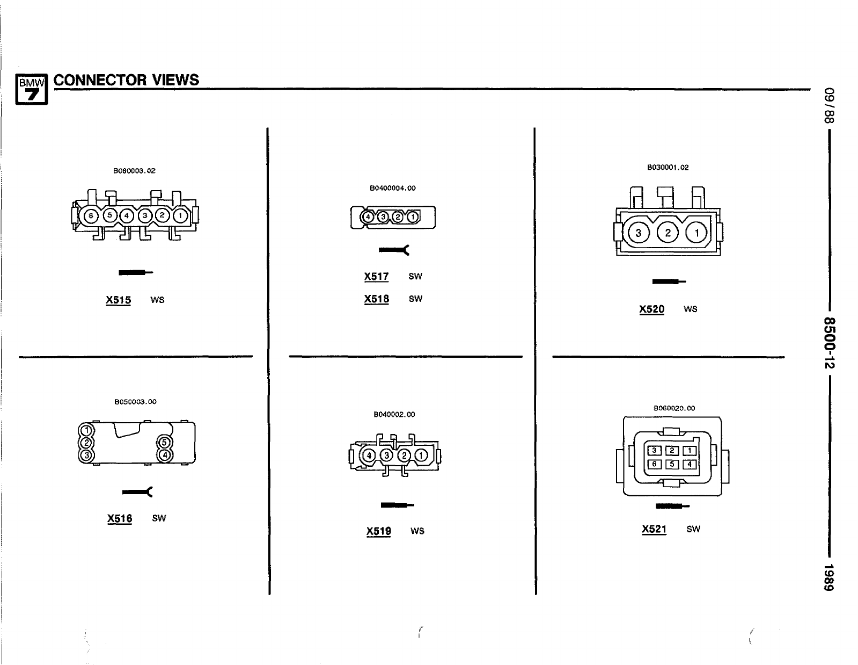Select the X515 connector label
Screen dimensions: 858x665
click(x=119, y=300)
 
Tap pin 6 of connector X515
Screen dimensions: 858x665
click(x=91, y=216)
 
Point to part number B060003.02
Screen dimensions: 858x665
click(x=134, y=171)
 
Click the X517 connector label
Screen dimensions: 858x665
click(x=376, y=277)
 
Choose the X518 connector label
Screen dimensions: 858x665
click(x=376, y=299)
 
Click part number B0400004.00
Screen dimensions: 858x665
click(x=392, y=188)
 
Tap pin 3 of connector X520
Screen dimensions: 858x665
click(x=639, y=233)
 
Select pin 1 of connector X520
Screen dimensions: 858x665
click(x=697, y=233)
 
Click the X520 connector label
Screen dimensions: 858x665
click(x=651, y=309)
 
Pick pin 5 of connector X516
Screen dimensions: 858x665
click(x=164, y=443)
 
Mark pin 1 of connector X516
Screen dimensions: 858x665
click(x=86, y=430)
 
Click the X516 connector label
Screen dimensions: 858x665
click(x=120, y=518)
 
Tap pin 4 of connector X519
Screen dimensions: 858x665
click(x=369, y=456)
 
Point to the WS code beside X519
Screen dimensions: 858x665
click(x=417, y=531)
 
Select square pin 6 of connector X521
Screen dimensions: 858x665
click(x=654, y=464)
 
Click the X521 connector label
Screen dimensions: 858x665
click(x=654, y=529)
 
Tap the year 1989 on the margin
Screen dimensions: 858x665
click(x=830, y=578)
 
